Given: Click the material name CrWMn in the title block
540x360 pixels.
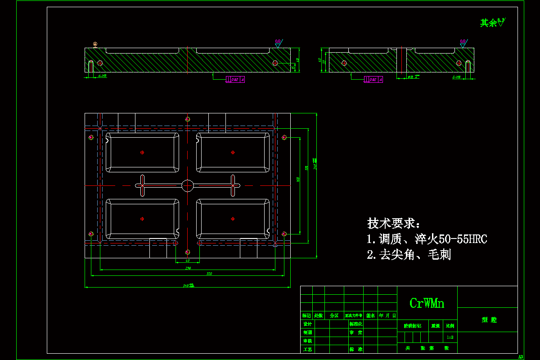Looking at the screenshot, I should point(427,303).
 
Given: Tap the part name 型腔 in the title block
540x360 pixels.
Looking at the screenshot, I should point(489,320).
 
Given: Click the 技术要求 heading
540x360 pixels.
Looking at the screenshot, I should point(394,223).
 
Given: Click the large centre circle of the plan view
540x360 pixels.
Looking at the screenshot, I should point(188,185).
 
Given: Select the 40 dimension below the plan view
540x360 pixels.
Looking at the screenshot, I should point(188,261).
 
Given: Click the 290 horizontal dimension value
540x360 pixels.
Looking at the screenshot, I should point(188,268).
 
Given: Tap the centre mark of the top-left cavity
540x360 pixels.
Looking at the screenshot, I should point(142,152).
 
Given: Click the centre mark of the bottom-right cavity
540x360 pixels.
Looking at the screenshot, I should point(233,219).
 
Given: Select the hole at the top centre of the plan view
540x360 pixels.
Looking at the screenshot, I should point(188,119).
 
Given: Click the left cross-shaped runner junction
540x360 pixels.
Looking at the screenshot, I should point(142,185).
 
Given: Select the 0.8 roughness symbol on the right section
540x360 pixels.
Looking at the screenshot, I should point(463,43).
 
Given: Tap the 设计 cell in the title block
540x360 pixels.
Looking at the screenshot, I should point(307,324).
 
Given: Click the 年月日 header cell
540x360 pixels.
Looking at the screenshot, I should point(387,315).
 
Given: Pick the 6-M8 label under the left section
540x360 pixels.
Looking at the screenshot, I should point(102,76).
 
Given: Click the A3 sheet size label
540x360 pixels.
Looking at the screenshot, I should point(521,357).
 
